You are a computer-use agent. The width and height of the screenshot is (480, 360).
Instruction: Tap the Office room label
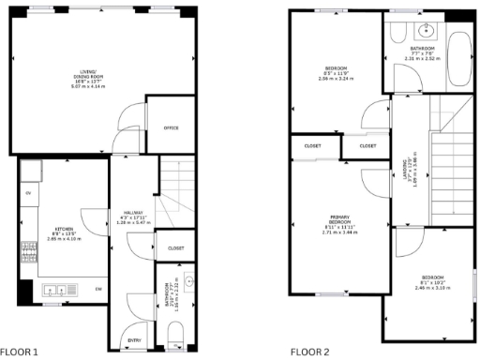tap(171, 127)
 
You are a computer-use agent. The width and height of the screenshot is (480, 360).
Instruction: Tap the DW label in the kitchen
tap(98, 290)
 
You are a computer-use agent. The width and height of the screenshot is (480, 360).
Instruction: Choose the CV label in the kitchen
tap(29, 192)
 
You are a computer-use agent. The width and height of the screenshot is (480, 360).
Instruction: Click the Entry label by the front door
tap(133, 339)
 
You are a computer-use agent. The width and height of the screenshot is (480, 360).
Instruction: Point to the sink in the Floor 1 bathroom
tap(188, 280)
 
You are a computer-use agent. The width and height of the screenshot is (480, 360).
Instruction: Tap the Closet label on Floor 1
tap(175, 247)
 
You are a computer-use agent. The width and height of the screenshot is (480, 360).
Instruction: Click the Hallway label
tap(132, 217)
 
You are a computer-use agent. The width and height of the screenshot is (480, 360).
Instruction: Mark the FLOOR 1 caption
tap(21, 352)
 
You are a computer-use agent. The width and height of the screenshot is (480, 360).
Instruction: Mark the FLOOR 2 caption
tap(309, 352)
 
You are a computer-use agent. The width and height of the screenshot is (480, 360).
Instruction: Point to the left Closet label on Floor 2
tap(312, 146)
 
